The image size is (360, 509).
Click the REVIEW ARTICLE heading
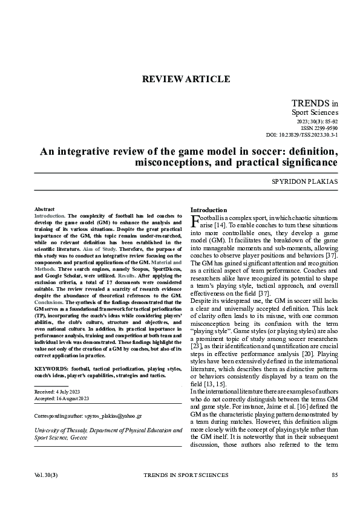[x=185, y=79]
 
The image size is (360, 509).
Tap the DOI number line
[x=302, y=135]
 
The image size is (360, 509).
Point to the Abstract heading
[x=44, y=208]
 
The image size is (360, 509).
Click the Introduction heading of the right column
[x=209, y=210]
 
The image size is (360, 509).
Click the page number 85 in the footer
[x=335, y=475]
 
